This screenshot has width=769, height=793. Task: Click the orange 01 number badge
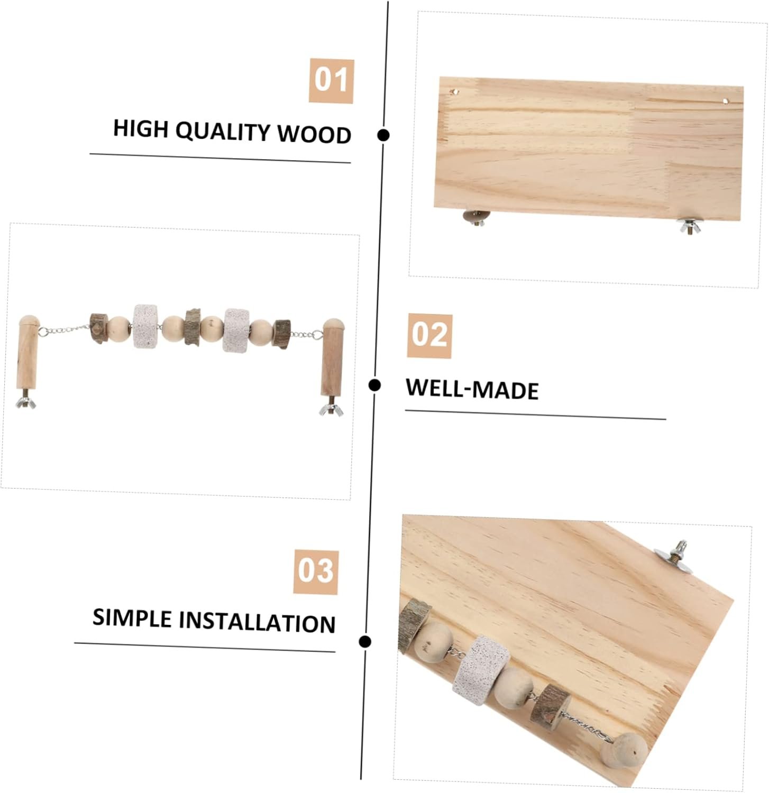(x=331, y=80)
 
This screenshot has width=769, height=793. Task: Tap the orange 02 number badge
(x=429, y=336)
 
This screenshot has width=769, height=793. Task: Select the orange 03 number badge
(x=316, y=572)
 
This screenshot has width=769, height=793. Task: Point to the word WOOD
(x=315, y=134)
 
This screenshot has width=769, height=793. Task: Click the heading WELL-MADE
(x=472, y=389)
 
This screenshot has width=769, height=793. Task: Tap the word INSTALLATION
(x=257, y=622)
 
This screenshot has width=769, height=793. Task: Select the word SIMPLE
(x=132, y=618)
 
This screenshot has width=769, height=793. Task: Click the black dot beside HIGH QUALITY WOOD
(x=384, y=135)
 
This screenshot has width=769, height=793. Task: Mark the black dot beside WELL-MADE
(x=375, y=385)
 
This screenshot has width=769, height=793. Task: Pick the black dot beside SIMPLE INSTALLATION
(x=364, y=642)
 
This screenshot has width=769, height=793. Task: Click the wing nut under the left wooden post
(x=26, y=402)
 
